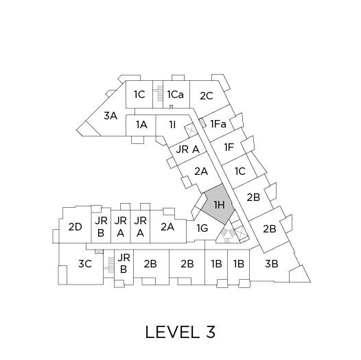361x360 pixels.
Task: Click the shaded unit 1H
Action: pyautogui.click(x=218, y=204)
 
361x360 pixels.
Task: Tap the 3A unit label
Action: pyautogui.click(x=110, y=116)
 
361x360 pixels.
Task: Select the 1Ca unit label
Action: pyautogui.click(x=176, y=95)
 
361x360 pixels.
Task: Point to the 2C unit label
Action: pyautogui.click(x=207, y=96)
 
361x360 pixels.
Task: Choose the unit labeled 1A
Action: pyautogui.click(x=141, y=125)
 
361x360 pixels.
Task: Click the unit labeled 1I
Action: pyautogui.click(x=172, y=125)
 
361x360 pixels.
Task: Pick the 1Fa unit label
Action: pyautogui.click(x=218, y=124)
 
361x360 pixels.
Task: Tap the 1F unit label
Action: pyautogui.click(x=229, y=147)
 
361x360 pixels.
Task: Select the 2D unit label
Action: pyautogui.click(x=75, y=227)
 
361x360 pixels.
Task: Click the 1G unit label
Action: pyautogui.click(x=202, y=228)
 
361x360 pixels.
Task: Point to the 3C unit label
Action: pyautogui.click(x=85, y=263)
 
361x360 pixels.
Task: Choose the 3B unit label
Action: pyautogui.click(x=272, y=263)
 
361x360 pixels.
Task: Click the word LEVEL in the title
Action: pyautogui.click(x=172, y=332)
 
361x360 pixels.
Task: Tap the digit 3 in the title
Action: pyautogui.click(x=211, y=332)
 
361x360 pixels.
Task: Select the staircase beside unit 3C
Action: pyautogui.click(x=111, y=265)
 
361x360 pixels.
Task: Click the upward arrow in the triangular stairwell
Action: pyautogui.click(x=227, y=235)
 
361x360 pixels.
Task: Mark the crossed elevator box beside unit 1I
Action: pyautogui.click(x=191, y=130)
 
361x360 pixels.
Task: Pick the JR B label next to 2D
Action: pyautogui.click(x=101, y=227)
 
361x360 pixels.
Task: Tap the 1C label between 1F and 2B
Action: pyautogui.click(x=240, y=171)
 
